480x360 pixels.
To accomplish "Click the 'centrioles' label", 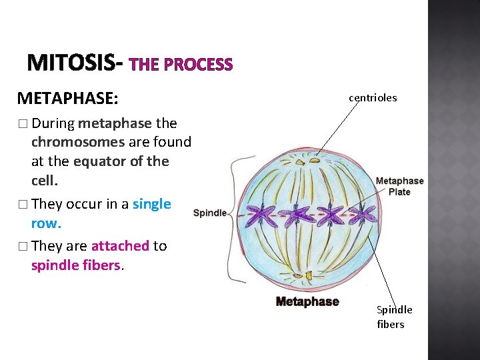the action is (373, 98).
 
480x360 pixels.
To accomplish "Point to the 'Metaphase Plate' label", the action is (399, 186).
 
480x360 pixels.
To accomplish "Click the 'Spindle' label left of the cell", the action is (209, 213).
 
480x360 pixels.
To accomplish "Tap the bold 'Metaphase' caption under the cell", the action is (307, 302).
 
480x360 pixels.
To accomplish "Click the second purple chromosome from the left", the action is (297, 215).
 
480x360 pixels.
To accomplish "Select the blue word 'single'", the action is (152, 204).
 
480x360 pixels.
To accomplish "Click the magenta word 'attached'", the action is (120, 246).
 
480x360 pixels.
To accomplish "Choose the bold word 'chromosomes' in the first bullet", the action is (78, 142).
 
